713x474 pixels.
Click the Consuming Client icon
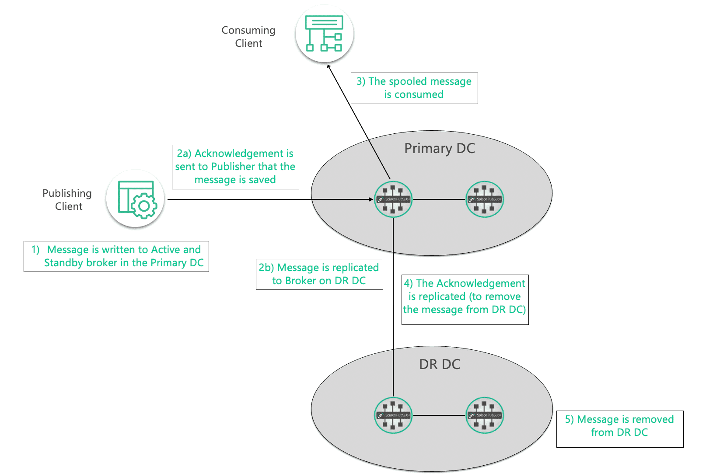tap(324, 33)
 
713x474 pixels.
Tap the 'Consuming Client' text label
tap(248, 37)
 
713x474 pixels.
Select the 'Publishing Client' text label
tap(67, 199)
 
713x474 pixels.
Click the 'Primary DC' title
tap(440, 149)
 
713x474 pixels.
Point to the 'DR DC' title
tap(440, 364)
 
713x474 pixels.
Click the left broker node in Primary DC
tap(393, 199)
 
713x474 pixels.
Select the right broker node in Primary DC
tap(485, 199)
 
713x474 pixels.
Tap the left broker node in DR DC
tap(393, 415)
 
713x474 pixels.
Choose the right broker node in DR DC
tap(485, 415)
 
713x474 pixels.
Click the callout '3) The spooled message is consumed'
tap(414, 88)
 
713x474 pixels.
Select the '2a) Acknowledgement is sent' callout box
tap(235, 167)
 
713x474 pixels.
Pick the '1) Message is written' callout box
tap(116, 256)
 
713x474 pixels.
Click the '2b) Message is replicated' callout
tap(319, 274)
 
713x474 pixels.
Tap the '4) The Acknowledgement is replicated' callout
tap(465, 300)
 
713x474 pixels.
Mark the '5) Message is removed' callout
tap(620, 429)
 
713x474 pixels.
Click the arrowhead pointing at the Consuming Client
tap(329, 66)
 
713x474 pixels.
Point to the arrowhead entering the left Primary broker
tap(371, 199)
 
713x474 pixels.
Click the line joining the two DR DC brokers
tap(439, 415)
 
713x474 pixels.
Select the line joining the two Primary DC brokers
tap(439, 200)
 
